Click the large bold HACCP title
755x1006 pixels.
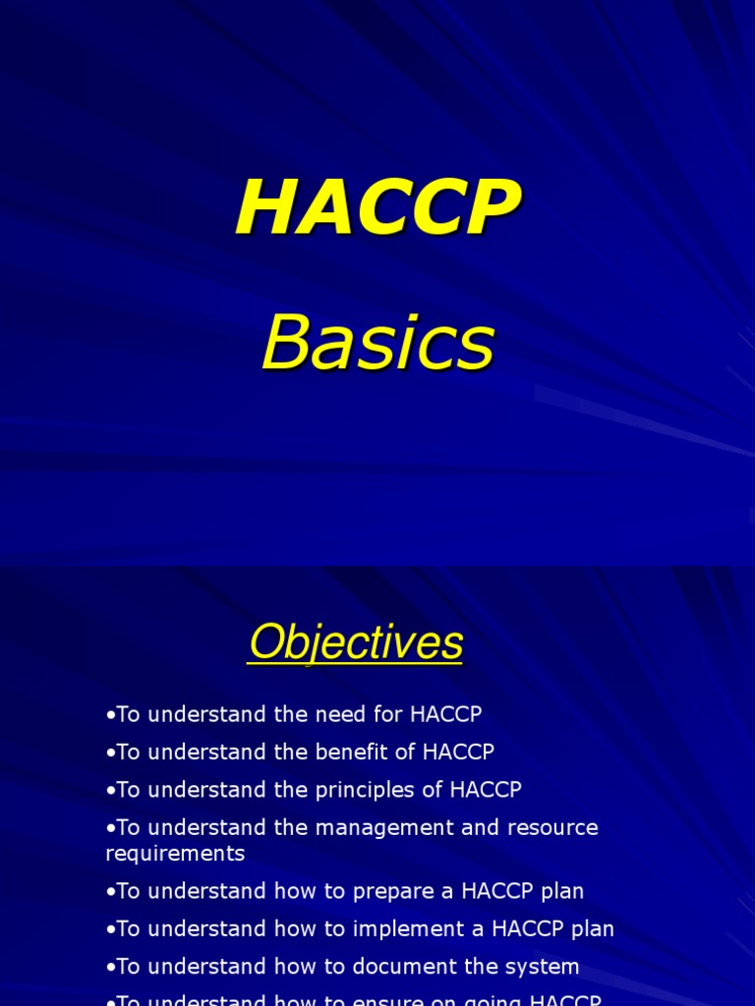point(377,208)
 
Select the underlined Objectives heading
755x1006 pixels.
point(356,644)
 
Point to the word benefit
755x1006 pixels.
point(355,753)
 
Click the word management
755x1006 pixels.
point(384,827)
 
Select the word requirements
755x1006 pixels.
point(175,854)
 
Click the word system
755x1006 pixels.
point(546,966)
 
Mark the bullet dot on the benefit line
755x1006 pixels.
point(110,754)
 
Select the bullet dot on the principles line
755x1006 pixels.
point(110,791)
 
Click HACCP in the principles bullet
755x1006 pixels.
point(486,790)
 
